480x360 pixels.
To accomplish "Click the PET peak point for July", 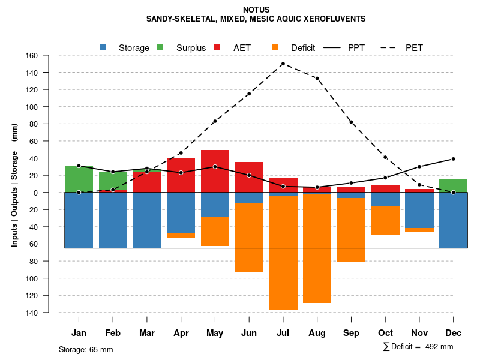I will click(x=283, y=64).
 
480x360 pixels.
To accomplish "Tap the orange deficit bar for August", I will click(x=317, y=248).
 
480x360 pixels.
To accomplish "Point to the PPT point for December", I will click(x=453, y=159).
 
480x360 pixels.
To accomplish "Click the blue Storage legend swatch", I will click(x=103, y=47).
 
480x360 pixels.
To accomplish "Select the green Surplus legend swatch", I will click(x=160, y=47).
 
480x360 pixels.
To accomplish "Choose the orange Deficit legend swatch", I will click(x=275, y=47).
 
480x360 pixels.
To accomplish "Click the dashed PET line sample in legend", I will click(x=389, y=47).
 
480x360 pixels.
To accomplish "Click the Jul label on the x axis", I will click(x=283, y=333).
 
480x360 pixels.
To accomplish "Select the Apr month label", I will click(x=181, y=333).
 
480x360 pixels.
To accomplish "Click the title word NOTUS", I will click(x=256, y=10).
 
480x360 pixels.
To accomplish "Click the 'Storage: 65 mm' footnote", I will click(x=86, y=349).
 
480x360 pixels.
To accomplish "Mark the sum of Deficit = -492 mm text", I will click(x=418, y=347).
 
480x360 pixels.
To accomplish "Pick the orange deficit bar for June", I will click(x=249, y=238).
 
